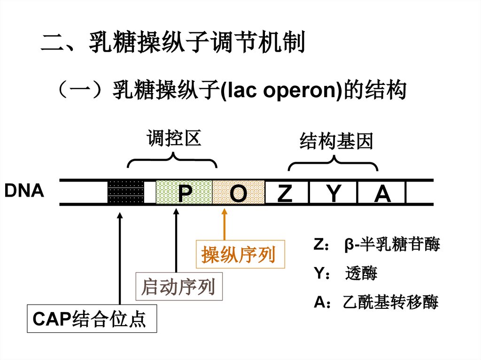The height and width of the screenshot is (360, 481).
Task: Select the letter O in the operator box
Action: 238,193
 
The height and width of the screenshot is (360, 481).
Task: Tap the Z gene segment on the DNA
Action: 285,193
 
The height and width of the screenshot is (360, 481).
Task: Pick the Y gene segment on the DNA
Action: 333,193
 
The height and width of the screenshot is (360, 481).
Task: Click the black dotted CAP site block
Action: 125,192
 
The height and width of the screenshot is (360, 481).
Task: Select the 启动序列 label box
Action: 179,286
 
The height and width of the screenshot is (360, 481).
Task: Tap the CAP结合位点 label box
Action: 92,320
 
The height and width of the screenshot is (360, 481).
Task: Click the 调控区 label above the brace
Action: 174,139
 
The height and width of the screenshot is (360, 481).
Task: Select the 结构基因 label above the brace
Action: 336,141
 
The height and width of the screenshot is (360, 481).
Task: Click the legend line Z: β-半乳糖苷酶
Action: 376,245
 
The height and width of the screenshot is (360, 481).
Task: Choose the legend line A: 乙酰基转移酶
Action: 376,303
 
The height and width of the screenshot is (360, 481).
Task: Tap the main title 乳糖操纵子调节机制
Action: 197,43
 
